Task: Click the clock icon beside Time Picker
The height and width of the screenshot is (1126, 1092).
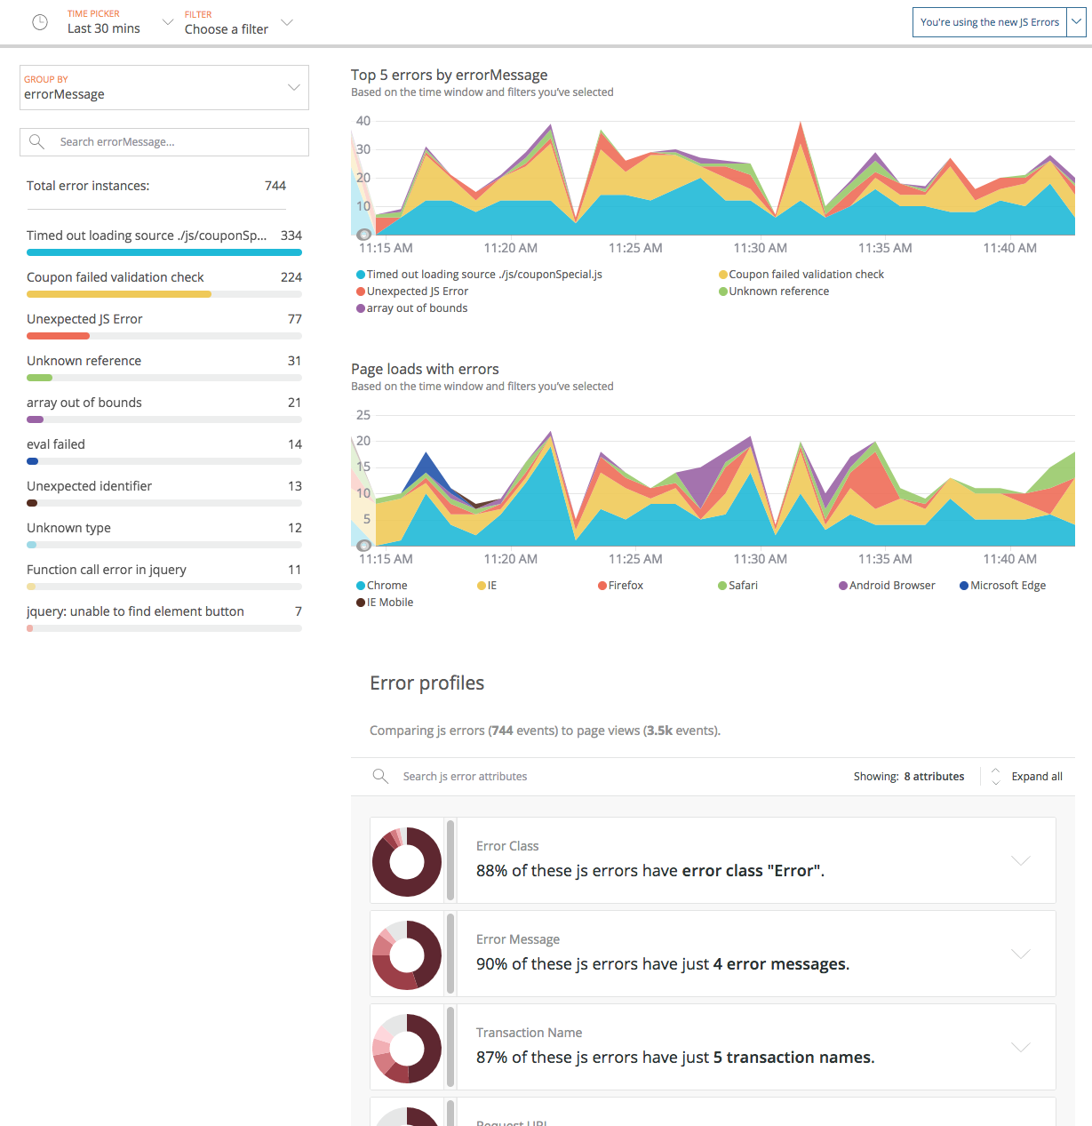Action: pyautogui.click(x=40, y=22)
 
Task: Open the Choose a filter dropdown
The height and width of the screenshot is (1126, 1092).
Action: pyautogui.click(x=235, y=22)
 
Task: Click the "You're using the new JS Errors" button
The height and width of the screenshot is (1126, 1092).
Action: pyautogui.click(x=989, y=22)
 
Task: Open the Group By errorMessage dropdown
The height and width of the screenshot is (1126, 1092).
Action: pyautogui.click(x=164, y=87)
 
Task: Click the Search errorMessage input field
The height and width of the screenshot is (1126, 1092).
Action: pyautogui.click(x=164, y=142)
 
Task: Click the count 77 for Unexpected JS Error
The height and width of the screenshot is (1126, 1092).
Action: pyautogui.click(x=294, y=319)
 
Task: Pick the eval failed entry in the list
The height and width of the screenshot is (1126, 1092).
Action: pyautogui.click(x=56, y=444)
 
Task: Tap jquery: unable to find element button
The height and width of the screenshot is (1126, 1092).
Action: pyautogui.click(x=135, y=611)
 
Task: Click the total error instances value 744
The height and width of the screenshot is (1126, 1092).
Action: pyautogui.click(x=275, y=186)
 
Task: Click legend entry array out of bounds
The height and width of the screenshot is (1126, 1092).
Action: pyautogui.click(x=416, y=308)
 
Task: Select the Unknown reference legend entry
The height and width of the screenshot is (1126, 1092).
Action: pyautogui.click(x=778, y=291)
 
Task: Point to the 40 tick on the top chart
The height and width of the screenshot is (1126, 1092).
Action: pyautogui.click(x=363, y=121)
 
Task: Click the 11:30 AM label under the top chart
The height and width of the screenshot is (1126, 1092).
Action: pyautogui.click(x=760, y=248)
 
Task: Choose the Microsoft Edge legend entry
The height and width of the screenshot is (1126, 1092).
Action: pyautogui.click(x=1007, y=586)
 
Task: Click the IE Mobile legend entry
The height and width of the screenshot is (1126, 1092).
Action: pyautogui.click(x=389, y=603)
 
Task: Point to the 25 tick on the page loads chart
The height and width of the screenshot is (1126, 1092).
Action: pyautogui.click(x=363, y=415)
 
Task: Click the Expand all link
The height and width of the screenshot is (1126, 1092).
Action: pyautogui.click(x=1036, y=777)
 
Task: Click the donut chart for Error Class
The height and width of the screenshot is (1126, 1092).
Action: pyautogui.click(x=407, y=861)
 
